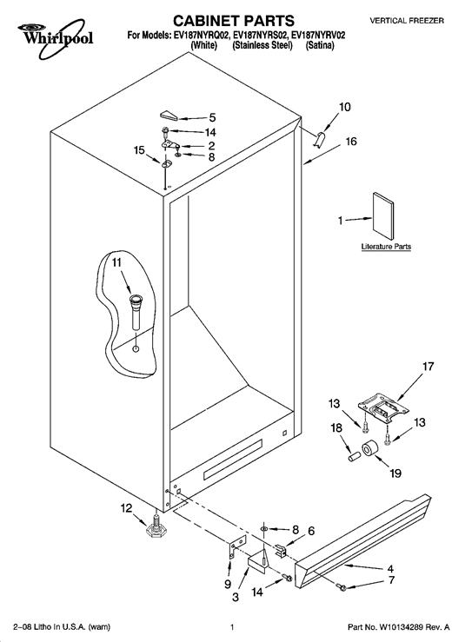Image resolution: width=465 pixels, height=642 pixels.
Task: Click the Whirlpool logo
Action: point(56,38)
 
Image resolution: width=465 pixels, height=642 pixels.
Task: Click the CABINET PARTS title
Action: point(233,20)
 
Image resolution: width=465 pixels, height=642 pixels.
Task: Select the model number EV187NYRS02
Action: point(262,36)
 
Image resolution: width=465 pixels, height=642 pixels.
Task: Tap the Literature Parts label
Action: point(386,247)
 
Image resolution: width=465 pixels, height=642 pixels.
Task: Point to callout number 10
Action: point(344,107)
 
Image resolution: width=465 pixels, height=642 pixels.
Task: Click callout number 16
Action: point(351,142)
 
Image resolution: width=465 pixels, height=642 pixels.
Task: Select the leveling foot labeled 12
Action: point(155,528)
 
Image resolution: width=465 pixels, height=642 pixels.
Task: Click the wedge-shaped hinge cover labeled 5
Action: point(168,115)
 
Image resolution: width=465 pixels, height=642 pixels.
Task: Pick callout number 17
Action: point(428,366)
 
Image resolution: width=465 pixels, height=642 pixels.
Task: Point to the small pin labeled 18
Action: point(354,457)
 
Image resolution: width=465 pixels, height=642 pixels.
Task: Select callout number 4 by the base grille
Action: point(390,569)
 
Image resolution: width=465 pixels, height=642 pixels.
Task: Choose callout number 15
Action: point(140,150)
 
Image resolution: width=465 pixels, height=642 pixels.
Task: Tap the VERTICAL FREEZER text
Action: point(407,21)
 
